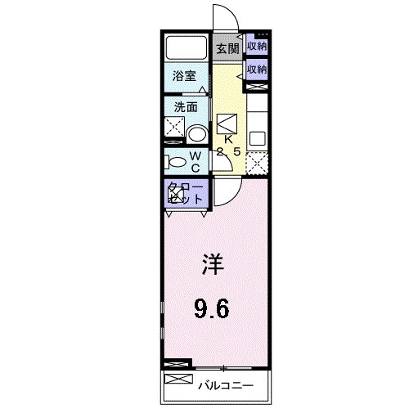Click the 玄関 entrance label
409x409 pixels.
(227, 48)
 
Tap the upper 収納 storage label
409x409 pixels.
(258, 47)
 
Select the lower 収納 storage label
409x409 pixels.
(258, 70)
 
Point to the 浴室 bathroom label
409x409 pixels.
(184, 76)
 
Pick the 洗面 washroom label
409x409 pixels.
(185, 107)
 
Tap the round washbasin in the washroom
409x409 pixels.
(196, 133)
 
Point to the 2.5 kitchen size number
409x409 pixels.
(228, 152)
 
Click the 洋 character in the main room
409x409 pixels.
(212, 266)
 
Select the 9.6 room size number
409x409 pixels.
(212, 308)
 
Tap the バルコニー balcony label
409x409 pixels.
(227, 384)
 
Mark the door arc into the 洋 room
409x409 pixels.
(228, 190)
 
